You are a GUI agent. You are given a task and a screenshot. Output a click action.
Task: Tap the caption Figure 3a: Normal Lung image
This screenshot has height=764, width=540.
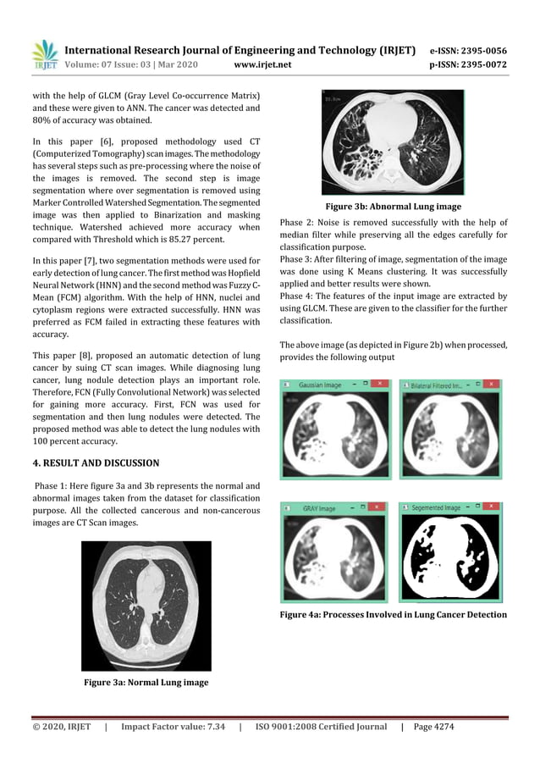[x=146, y=682]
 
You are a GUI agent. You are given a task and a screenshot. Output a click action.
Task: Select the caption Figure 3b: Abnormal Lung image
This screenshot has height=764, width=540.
[x=394, y=206]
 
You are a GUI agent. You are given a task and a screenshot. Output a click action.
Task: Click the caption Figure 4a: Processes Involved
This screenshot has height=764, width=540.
[x=394, y=614]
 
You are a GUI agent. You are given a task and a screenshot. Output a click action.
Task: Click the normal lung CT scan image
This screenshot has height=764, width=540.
[x=146, y=606]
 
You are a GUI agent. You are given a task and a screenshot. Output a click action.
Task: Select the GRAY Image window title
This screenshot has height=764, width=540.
[x=319, y=509]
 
